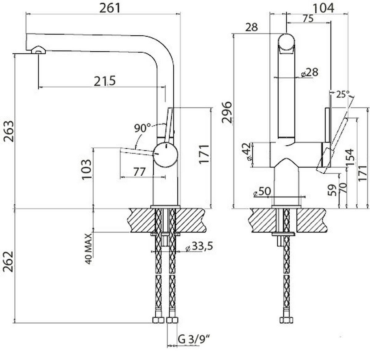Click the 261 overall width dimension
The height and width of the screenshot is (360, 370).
coord(110,8)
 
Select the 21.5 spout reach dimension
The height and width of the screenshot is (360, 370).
coord(105,81)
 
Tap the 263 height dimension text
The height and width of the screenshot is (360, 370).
coord(9,131)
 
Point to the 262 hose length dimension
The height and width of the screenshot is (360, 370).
coord(9,262)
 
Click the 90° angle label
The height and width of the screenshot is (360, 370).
coord(142,128)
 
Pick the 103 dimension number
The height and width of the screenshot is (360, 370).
coord(87,169)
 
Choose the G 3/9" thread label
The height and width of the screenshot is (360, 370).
coord(194,339)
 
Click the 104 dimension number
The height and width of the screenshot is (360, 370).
coord(323,8)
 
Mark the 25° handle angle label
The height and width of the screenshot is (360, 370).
coord(343,94)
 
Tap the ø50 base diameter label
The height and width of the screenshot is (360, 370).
coord(262,192)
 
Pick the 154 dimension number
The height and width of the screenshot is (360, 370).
coord(350,158)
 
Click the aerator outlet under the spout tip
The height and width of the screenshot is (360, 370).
coord(38,51)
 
